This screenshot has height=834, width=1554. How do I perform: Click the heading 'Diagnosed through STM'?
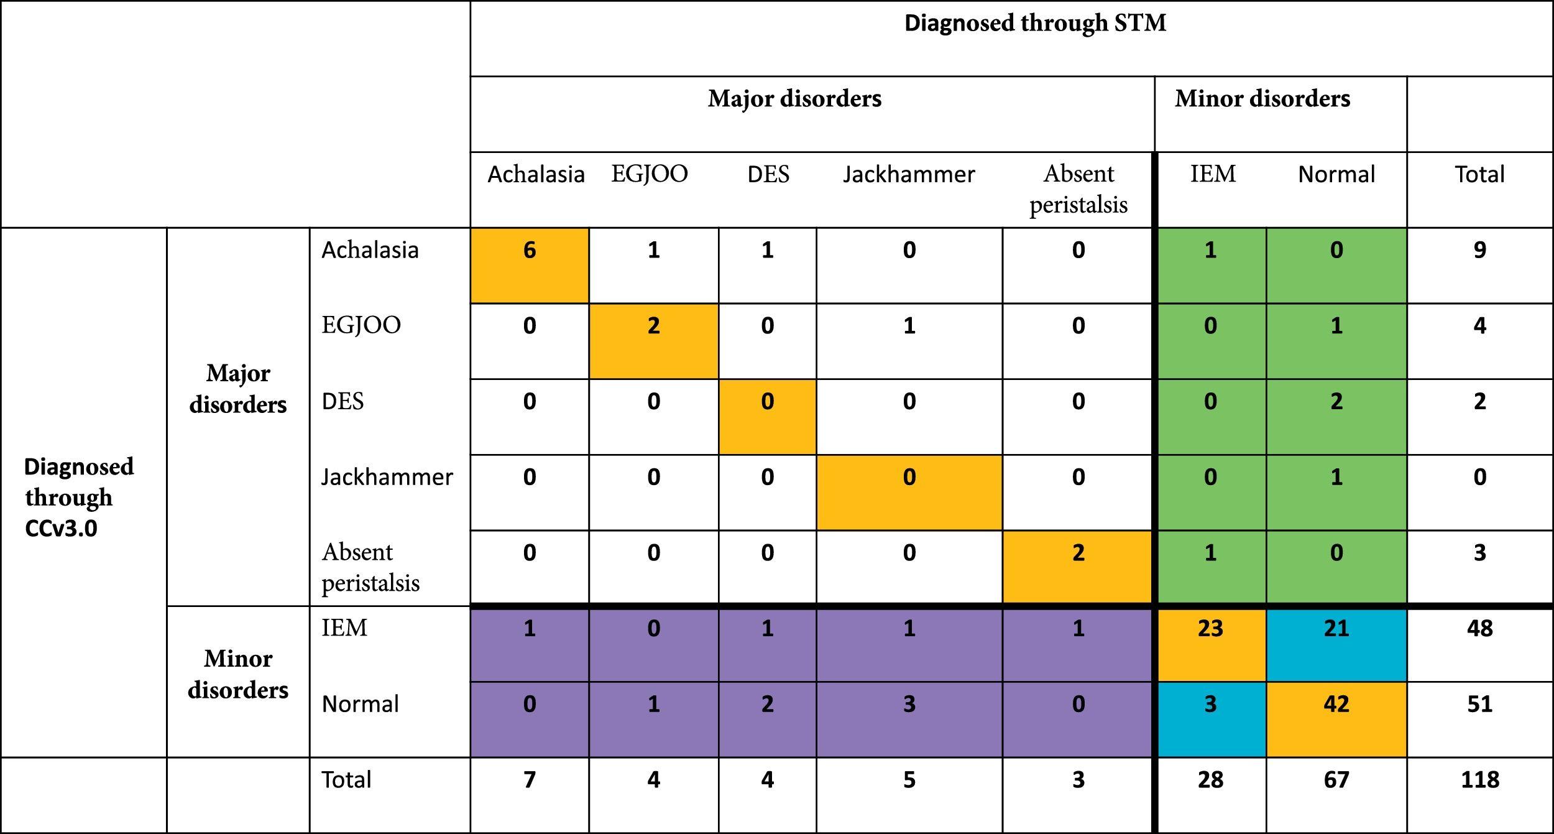(x=1034, y=24)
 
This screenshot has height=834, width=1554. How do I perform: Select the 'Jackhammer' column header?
(x=909, y=174)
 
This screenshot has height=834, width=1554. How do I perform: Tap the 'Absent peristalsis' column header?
(x=1078, y=189)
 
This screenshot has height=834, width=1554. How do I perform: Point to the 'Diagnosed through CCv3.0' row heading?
(x=78, y=497)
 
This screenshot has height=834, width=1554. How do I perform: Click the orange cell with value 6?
(x=530, y=251)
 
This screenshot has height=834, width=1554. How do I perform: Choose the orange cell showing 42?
(x=1336, y=705)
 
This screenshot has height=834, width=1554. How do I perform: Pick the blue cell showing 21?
(x=1336, y=629)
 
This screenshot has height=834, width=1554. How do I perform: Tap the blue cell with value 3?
(x=1210, y=705)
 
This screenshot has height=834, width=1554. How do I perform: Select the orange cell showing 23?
(x=1210, y=629)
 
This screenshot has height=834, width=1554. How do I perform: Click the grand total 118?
(x=1479, y=780)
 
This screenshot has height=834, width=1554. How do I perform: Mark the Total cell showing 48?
(x=1479, y=629)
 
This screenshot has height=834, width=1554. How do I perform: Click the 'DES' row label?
(x=343, y=402)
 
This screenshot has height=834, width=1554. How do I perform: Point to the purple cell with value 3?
(x=909, y=705)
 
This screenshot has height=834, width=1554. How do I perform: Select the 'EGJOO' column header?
(x=650, y=174)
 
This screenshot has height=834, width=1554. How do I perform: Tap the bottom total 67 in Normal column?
(x=1336, y=780)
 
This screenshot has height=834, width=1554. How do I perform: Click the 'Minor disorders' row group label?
(x=238, y=674)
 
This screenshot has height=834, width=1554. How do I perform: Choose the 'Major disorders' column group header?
(x=794, y=99)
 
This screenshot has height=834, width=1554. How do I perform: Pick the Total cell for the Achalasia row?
(x=1479, y=251)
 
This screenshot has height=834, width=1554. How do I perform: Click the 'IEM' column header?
(x=1213, y=174)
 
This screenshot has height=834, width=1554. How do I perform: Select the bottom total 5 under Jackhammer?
(x=909, y=780)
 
